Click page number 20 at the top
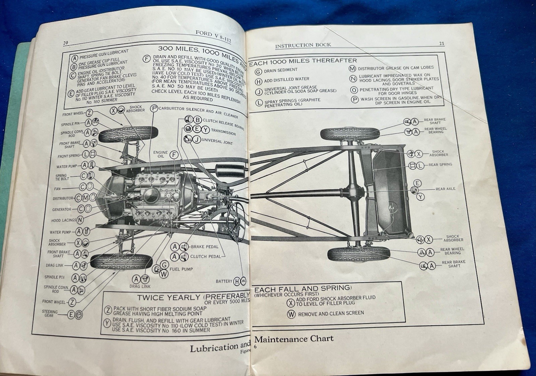pyautogui.click(x=65, y=43)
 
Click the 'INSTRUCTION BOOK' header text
pyautogui.click(x=303, y=45)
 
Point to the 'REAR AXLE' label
pyautogui.click(x=445, y=189)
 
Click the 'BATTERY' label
pyautogui.click(x=224, y=281)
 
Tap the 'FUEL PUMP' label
pyautogui.click(x=181, y=269)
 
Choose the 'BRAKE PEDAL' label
pyautogui.click(x=204, y=247)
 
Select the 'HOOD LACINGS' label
pyautogui.click(x=64, y=221)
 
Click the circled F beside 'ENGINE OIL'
pyautogui.click(x=174, y=154)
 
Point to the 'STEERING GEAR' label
pyautogui.click(x=50, y=313)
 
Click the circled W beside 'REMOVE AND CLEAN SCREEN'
pyautogui.click(x=291, y=314)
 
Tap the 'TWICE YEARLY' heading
pyautogui.click(x=169, y=298)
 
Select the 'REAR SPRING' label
pyautogui.click(x=440, y=165)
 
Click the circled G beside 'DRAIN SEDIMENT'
pyautogui.click(x=258, y=72)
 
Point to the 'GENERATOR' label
pyautogui.click(x=62, y=209)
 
